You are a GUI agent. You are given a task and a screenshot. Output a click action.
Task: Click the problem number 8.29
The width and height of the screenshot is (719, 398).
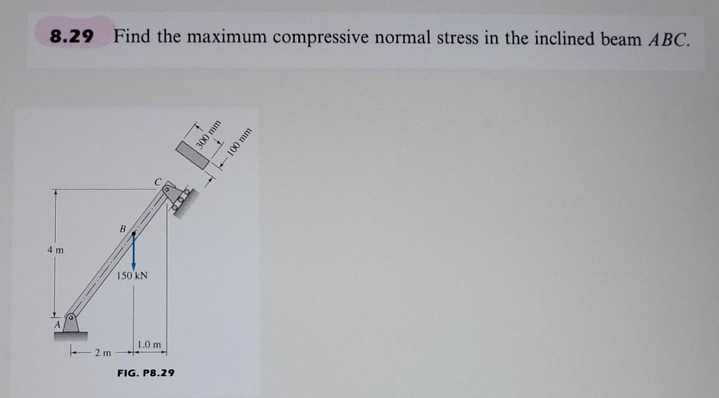pyautogui.click(x=71, y=36)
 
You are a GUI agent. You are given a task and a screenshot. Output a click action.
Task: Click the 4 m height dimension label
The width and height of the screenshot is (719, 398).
pyautogui.click(x=56, y=250)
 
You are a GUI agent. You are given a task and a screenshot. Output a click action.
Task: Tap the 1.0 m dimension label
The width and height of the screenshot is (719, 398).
pyautogui.click(x=149, y=344)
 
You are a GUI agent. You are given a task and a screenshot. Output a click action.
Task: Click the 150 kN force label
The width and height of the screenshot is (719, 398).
pyautogui.click(x=133, y=276)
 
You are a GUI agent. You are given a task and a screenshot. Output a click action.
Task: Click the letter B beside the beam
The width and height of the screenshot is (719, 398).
pyautogui.click(x=123, y=229)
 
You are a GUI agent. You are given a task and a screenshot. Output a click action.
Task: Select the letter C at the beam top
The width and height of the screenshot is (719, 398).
pyautogui.click(x=157, y=182)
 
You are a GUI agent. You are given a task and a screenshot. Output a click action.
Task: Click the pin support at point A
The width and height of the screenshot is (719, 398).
pyautogui.click(x=71, y=322)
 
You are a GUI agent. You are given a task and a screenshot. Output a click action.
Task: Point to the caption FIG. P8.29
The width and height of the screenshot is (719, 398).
pyautogui.click(x=146, y=373)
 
